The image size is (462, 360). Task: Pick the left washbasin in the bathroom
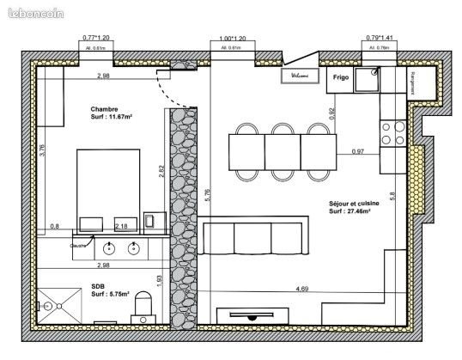coord(110,248)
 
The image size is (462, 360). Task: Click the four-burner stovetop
coord(393,134)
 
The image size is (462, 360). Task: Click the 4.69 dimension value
coord(302,290)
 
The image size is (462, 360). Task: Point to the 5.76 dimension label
coord(207,198)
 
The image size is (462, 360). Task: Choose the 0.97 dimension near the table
coord(358,152)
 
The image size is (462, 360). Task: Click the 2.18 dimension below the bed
coord(121,226)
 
